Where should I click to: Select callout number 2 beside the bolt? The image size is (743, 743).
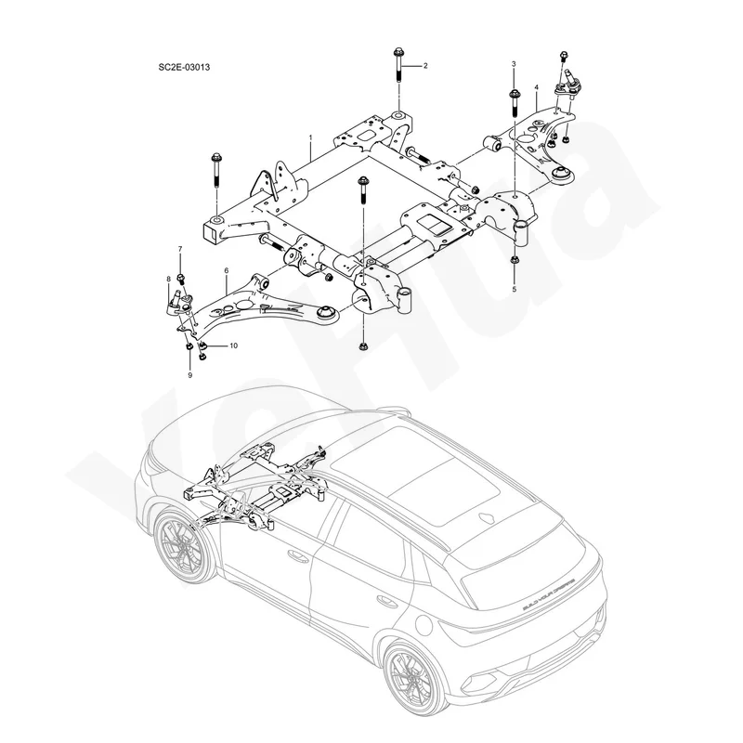[425, 66]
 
